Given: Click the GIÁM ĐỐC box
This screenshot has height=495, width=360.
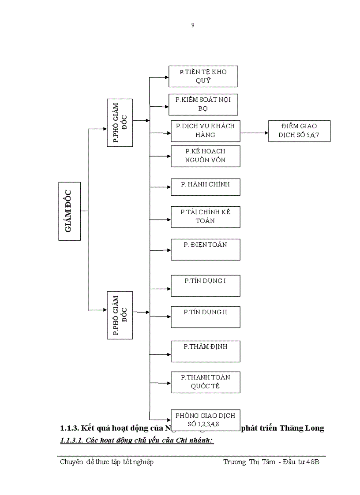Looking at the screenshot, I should pyautogui.click(x=70, y=211).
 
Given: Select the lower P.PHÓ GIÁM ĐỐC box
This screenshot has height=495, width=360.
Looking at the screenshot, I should pyautogui.click(x=120, y=315).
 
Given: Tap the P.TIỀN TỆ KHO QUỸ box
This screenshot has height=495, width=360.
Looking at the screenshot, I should pyautogui.click(x=203, y=76).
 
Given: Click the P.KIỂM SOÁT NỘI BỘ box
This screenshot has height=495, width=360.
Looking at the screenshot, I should pyautogui.click(x=203, y=104).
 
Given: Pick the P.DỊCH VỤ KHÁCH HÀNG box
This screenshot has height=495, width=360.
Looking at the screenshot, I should pyautogui.click(x=206, y=130).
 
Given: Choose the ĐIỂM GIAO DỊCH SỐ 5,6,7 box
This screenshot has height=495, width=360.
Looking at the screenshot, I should pyautogui.click(x=299, y=130).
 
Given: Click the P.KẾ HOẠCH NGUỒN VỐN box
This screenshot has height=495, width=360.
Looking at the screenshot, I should pyautogui.click(x=206, y=156).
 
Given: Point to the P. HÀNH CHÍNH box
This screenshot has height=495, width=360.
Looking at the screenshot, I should pyautogui.click(x=206, y=187).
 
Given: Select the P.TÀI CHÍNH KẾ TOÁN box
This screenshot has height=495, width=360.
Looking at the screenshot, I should pyautogui.click(x=206, y=216).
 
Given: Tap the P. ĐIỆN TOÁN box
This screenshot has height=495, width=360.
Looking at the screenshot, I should pyautogui.click(x=206, y=249).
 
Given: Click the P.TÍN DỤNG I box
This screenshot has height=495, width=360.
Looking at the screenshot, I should pyautogui.click(x=206, y=285).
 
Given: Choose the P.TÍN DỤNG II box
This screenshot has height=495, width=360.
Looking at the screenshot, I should pyautogui.click(x=206, y=317).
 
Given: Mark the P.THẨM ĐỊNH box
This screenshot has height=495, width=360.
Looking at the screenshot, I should pyautogui.click(x=206, y=351).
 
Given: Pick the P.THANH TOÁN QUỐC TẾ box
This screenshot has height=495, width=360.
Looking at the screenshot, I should pyautogui.click(x=206, y=382).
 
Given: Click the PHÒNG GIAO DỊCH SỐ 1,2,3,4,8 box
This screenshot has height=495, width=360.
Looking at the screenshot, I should pyautogui.click(x=206, y=419).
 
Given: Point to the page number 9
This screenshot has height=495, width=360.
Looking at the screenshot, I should pyautogui.click(x=193, y=25).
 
